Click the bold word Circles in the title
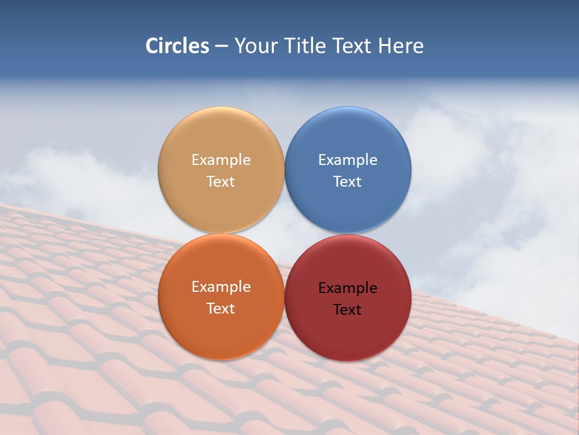177,46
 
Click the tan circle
221,139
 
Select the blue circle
347,139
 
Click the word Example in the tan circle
221,160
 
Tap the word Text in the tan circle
221,182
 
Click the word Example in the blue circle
347,160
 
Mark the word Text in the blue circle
347,182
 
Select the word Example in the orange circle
221,287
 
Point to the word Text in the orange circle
221,309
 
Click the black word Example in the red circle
347,288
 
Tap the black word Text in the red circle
347,310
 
